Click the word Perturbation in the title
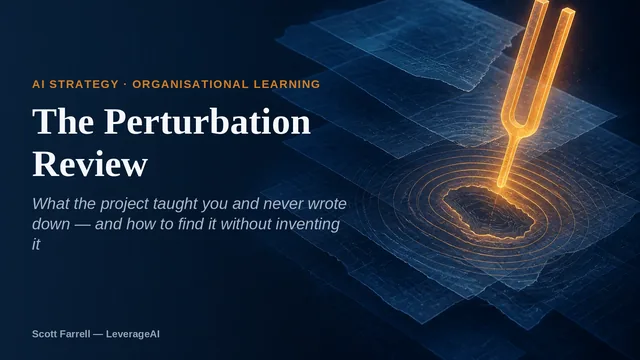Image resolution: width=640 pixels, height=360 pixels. tap(207, 121)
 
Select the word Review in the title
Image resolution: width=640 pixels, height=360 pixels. tap(90, 164)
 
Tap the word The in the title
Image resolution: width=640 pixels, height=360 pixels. tap(63, 121)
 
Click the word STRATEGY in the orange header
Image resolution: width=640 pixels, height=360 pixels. tap(84, 84)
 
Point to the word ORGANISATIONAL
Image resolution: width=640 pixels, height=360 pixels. tap(190, 84)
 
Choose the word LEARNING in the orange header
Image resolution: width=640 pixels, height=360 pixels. tap(287, 84)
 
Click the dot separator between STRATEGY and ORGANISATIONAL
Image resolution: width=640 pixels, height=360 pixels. tap(125, 84)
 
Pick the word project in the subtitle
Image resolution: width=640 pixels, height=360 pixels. tap(124, 204)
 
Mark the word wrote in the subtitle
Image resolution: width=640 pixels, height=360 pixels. tap(327, 204)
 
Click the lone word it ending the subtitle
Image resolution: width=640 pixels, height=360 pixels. tap(36, 244)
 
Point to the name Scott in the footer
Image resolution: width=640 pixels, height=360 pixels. tap(44, 334)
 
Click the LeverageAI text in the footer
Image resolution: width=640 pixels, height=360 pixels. tap(133, 334)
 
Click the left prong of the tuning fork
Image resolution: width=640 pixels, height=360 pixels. tap(525, 53)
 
